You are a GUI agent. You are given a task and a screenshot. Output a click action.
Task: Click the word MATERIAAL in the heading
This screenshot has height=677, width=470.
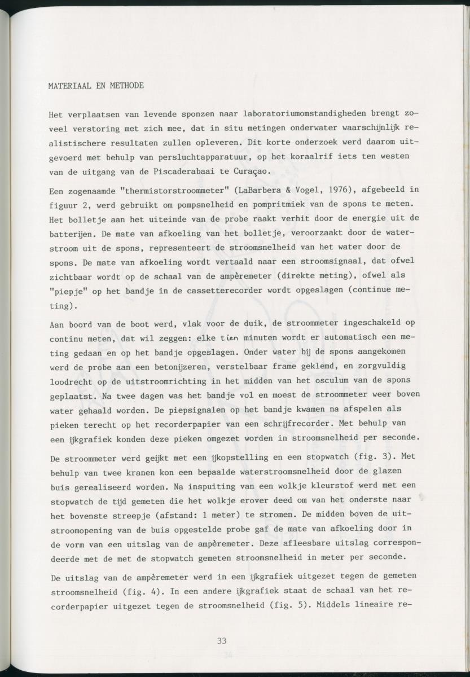69,86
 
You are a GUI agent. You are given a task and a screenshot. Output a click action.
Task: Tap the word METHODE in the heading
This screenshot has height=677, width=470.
126,86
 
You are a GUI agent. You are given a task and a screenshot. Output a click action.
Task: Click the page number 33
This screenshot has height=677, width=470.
222,640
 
